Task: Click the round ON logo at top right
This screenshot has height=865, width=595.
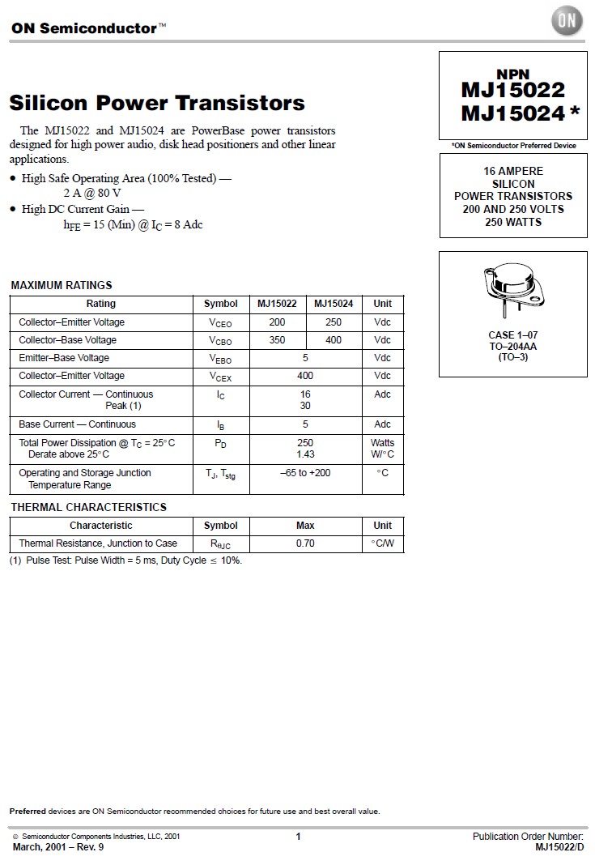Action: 567,21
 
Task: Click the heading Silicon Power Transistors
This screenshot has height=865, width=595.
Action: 157,103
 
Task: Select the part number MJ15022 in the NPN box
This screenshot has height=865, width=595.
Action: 512,90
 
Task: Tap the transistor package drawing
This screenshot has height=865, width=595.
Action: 512,290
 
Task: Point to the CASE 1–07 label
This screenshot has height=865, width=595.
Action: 512,334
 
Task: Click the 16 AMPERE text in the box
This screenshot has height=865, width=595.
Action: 512,171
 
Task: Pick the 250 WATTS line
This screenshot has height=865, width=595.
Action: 512,221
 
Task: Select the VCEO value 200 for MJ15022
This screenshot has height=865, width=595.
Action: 277,322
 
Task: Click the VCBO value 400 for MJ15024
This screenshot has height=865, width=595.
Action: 334,340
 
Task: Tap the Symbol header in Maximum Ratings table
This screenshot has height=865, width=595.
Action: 220,304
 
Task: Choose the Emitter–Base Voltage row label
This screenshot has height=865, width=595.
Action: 64,358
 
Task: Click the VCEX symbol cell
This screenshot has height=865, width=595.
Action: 220,377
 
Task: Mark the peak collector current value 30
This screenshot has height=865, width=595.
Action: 305,406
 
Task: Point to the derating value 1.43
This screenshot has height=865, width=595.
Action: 305,454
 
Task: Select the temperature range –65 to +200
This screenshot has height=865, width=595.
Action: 305,473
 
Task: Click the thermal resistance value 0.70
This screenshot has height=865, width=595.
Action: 305,543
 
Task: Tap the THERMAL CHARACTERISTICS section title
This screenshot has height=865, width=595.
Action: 88,507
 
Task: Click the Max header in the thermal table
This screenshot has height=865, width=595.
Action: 305,526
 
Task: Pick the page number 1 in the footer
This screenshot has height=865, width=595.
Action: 298,837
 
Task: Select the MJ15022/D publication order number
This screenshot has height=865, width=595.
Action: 559,847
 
